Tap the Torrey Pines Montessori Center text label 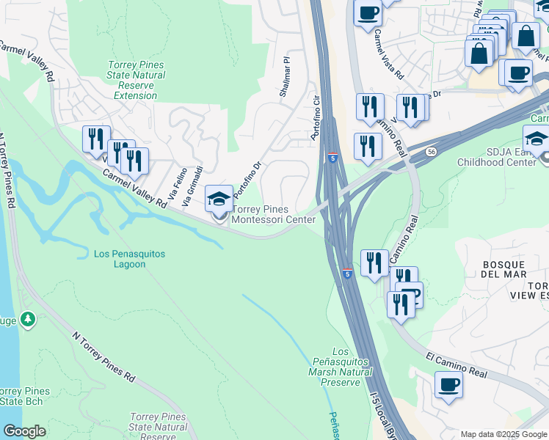point(274,214)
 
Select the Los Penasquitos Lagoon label point(130,259)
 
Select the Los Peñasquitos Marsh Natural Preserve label point(335,367)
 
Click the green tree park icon point(27,319)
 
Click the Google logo point(24,431)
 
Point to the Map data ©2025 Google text point(503,434)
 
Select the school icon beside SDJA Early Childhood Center point(537,139)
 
